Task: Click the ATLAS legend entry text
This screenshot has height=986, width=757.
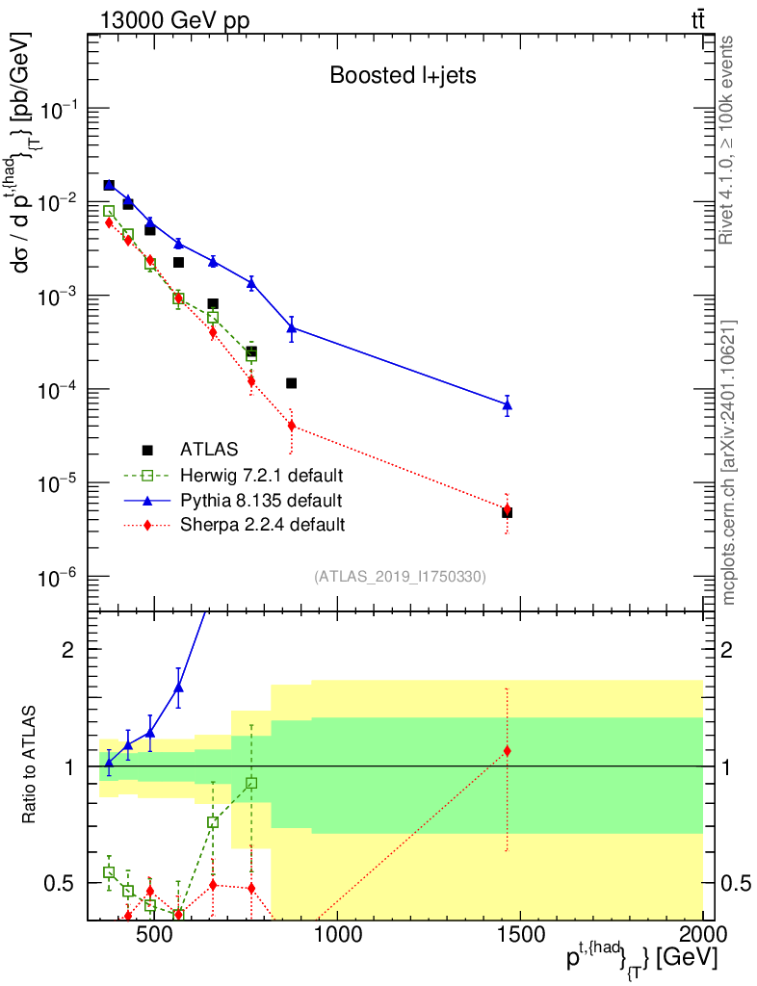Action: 209,449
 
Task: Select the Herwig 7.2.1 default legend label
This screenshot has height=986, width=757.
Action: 262,475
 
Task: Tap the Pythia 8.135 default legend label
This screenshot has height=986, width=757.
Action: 261,500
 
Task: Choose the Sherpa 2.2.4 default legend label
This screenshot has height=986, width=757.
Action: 262,525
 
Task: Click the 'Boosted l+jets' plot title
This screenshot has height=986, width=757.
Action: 403,75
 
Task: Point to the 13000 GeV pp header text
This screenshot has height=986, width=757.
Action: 174,20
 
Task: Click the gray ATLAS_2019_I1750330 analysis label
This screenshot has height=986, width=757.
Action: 400,576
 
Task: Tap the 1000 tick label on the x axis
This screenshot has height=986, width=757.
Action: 338,934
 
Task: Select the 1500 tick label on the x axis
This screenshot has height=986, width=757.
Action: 521,934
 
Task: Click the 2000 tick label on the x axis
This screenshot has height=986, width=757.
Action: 702,934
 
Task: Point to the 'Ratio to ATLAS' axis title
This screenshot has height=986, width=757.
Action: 29,765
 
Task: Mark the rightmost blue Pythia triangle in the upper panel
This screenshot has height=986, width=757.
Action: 508,405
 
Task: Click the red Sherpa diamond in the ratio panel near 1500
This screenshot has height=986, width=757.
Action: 507,751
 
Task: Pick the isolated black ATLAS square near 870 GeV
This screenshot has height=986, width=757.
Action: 291,383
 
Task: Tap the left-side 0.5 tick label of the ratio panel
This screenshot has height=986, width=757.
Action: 59,884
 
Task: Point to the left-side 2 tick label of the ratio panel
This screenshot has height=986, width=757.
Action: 68,649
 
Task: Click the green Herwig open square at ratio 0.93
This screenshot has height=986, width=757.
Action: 251,783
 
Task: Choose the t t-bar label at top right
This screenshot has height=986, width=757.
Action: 698,20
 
